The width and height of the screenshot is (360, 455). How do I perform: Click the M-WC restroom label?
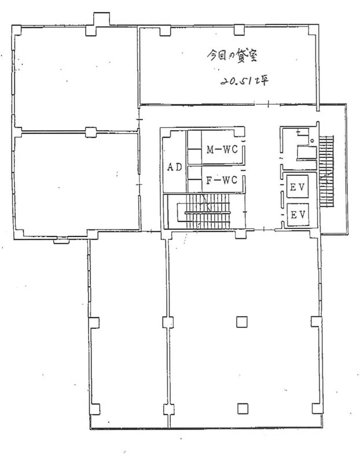coord(222,149)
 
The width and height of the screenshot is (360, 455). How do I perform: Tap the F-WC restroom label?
coord(222,180)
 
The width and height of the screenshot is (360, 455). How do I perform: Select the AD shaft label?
coord(175,167)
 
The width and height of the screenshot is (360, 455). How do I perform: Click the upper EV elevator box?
coord(297,187)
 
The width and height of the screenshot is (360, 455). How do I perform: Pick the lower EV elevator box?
coord(298,214)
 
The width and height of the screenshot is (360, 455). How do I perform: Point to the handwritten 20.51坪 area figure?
coord(244,80)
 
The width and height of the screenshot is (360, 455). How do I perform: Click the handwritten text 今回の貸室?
coord(232,56)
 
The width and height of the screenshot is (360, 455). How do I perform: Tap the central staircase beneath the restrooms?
coord(205,212)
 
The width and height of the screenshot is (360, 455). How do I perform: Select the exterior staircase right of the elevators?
coord(326,171)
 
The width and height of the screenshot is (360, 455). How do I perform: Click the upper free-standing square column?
coord(242,322)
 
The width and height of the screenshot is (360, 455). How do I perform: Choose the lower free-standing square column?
coord(243,408)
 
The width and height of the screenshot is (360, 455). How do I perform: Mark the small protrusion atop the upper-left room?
coord(101,19)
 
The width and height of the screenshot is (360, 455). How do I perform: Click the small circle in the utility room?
coord(313,141)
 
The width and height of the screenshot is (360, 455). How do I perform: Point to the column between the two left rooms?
coord(91,132)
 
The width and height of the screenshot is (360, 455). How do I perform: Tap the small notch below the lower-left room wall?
coord(61,240)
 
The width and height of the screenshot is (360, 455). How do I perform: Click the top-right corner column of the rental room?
coord(313,30)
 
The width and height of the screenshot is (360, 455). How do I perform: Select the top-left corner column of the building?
coord(16,30)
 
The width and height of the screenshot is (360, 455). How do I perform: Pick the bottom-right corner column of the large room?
coord(317,408)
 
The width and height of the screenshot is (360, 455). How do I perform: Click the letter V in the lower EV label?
coord(302,214)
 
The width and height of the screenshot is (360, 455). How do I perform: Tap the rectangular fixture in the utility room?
coord(307,153)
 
